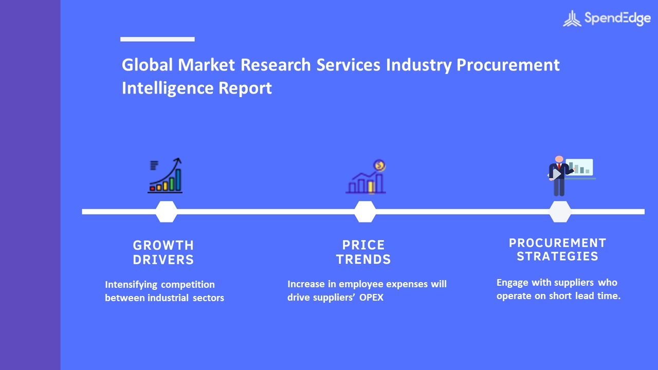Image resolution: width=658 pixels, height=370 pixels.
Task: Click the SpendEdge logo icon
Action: [572, 18]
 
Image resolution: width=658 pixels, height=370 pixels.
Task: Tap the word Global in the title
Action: [147, 65]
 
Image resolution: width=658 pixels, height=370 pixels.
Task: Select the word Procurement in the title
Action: [508, 65]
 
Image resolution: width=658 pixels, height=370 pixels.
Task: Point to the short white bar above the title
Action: [157, 39]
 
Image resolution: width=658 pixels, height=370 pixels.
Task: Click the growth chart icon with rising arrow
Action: [165, 175]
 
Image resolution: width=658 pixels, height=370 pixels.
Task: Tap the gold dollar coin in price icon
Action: [379, 165]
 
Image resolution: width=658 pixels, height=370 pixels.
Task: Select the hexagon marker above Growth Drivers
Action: [166, 212]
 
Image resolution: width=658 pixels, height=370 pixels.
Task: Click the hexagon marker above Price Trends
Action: [365, 212]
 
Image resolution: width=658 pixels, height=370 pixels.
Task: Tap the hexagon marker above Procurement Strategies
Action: [560, 212]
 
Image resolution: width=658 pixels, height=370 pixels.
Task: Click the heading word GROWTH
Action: [163, 245]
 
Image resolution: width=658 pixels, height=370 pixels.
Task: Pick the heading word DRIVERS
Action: [163, 260]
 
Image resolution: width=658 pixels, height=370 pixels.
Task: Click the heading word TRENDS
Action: [363, 260]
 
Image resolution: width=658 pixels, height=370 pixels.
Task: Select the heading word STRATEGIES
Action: [558, 256]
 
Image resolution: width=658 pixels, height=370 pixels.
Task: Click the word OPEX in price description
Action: [371, 297]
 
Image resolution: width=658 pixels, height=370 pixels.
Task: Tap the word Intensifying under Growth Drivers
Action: [131, 285]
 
